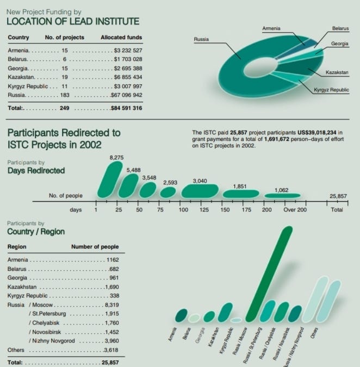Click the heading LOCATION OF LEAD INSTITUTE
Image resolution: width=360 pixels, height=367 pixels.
(72, 21)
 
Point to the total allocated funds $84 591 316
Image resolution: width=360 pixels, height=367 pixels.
(126, 108)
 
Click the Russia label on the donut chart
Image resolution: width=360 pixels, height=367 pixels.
(201, 39)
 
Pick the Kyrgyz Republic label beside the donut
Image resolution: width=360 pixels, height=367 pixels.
(331, 90)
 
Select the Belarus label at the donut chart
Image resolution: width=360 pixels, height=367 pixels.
(340, 28)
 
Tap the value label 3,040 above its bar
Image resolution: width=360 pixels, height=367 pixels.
(200, 181)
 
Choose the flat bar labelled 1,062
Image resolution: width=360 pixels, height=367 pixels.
(282, 195)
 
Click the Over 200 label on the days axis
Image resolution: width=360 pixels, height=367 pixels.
(295, 209)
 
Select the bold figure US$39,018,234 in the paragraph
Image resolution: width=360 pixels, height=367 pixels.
(316, 132)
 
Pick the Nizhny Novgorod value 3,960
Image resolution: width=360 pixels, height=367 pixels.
(111, 341)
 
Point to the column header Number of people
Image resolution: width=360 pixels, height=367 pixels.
(95, 247)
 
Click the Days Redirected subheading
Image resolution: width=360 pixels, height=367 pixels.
(36, 171)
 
